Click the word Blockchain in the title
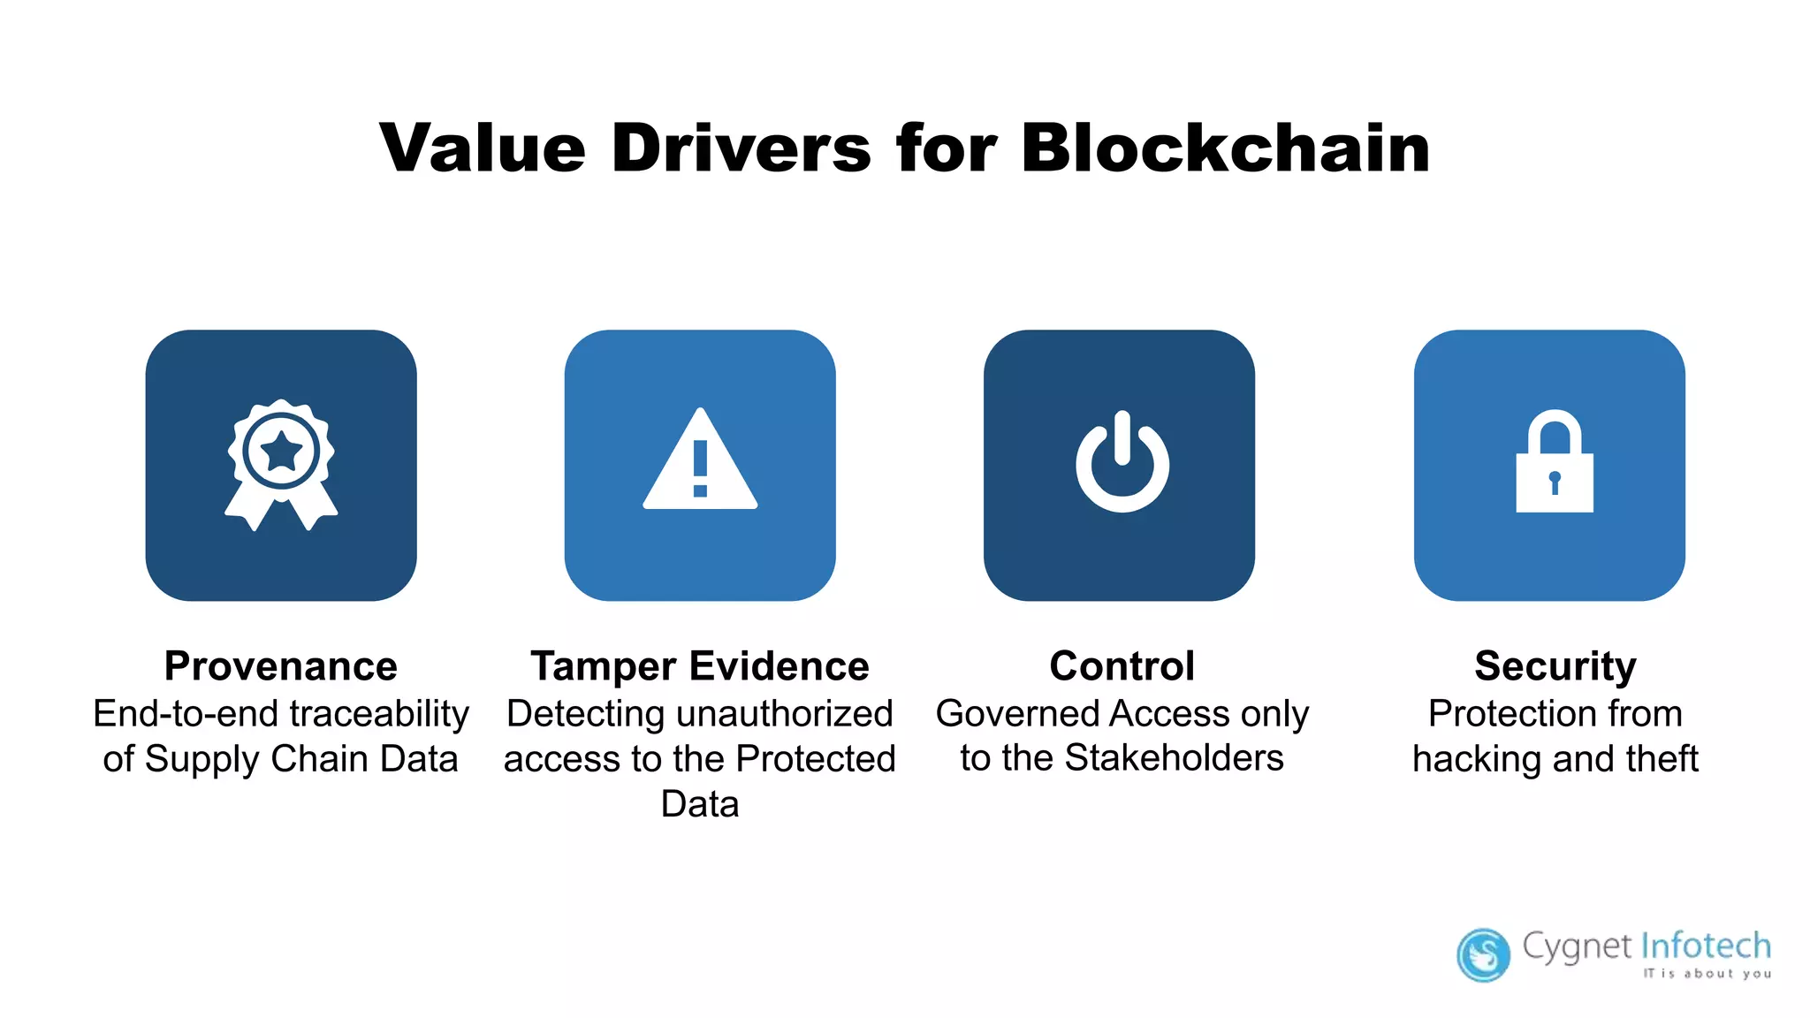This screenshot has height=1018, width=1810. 1225,148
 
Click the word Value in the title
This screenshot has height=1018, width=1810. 483,148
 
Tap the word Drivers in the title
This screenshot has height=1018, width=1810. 741,148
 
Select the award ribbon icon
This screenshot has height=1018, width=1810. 281,465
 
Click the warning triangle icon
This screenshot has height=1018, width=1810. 700,461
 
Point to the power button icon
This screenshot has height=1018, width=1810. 1122,463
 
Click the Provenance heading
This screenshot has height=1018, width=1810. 281,666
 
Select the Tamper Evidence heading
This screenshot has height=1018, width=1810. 699,666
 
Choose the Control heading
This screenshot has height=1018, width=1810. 1122,666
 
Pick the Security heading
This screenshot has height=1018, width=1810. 1555,666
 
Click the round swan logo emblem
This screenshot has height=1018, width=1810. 1483,954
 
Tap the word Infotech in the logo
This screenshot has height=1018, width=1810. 1706,946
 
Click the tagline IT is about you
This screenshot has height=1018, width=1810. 1707,974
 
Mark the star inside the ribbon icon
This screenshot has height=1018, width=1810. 281,451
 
